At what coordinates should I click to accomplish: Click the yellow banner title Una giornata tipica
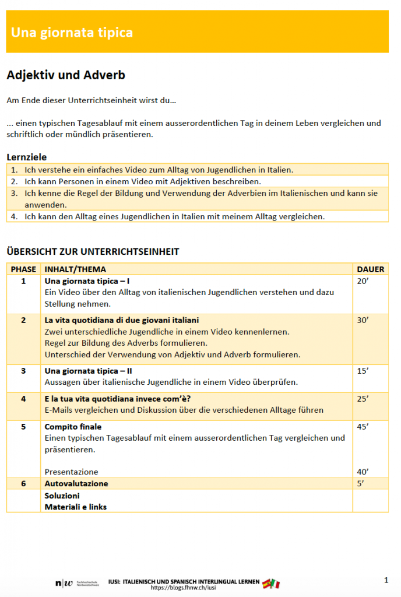(x=72, y=33)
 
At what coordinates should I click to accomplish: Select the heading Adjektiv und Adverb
(x=65, y=75)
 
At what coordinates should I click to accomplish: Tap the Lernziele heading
(x=27, y=157)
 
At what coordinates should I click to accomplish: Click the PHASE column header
(x=23, y=269)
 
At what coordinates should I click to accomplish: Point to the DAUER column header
(x=370, y=269)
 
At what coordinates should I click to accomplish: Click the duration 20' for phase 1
(x=363, y=281)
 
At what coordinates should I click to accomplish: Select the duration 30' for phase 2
(x=363, y=320)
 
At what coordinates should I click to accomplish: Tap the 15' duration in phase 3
(x=363, y=371)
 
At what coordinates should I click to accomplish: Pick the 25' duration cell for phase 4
(x=363, y=399)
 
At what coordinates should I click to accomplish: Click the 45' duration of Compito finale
(x=363, y=426)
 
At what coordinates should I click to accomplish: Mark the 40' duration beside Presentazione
(x=363, y=472)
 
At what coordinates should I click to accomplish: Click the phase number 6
(x=23, y=483)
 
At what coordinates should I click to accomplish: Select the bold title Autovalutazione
(x=76, y=483)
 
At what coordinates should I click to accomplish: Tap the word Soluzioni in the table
(x=62, y=495)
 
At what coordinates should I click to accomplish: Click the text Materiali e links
(x=76, y=507)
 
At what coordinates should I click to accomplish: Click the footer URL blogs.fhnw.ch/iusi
(x=183, y=588)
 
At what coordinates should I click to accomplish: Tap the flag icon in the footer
(x=270, y=583)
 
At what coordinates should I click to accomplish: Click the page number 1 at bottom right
(x=386, y=580)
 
